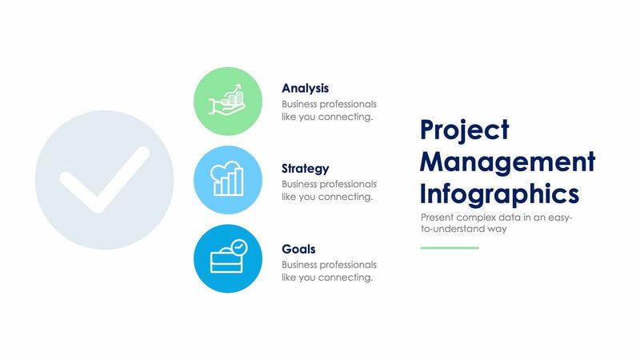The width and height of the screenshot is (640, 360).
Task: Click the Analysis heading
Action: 305,88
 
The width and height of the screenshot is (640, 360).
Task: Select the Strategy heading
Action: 305,169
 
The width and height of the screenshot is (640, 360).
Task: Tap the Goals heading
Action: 298,249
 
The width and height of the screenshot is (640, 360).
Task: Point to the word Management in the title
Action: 507,162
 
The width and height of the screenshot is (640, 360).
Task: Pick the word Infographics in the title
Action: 499,194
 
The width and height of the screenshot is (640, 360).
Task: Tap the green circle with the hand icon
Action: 228,101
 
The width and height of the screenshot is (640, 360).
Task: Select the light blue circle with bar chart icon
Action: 228,180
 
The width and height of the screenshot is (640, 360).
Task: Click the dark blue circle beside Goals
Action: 228,259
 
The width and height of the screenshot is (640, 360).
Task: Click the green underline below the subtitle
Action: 450,248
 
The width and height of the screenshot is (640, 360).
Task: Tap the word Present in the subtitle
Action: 437,217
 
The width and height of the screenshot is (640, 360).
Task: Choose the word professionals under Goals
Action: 349,265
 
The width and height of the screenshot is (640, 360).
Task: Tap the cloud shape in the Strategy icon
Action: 226,170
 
